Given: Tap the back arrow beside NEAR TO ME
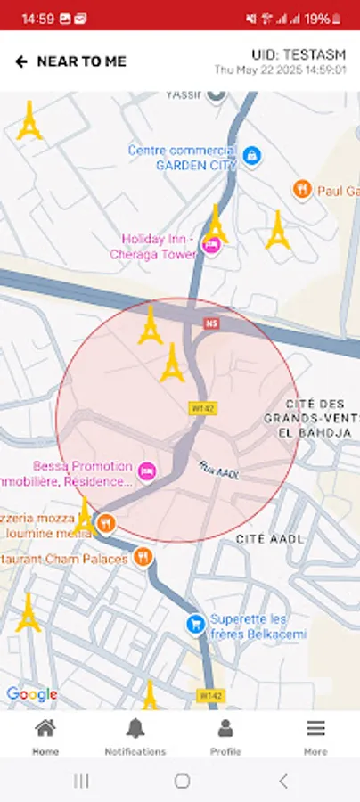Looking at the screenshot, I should point(21,61).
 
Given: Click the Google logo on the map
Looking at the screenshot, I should point(31,694).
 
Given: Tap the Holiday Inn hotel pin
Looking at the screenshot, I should point(211,245).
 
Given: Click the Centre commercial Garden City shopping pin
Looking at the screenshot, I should point(252,157).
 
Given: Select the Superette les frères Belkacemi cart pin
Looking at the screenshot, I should point(195,625).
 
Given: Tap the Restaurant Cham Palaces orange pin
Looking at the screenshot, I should point(143,558).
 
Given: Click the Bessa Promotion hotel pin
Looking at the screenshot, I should point(148,471).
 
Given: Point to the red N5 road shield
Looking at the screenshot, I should point(211,323).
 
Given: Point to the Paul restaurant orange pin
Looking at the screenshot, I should point(303,189).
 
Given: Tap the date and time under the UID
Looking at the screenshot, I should point(280,70).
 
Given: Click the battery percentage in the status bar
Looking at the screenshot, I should point(316,18).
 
